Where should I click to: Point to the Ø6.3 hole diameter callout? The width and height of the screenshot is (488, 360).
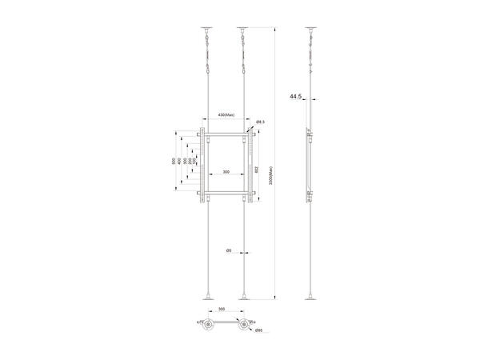[x=260, y=122]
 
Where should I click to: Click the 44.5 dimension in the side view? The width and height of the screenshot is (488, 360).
[x=295, y=97]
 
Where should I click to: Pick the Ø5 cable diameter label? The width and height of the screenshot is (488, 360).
[x=228, y=251]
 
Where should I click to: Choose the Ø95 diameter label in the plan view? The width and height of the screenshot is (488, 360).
[x=258, y=330]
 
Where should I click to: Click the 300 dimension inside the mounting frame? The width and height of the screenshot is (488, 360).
[x=226, y=172]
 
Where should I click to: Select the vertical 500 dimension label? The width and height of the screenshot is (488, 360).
[x=174, y=162]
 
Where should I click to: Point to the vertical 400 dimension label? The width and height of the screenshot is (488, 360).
[x=179, y=162]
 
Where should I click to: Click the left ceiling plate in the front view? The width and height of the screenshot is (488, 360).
[x=207, y=28]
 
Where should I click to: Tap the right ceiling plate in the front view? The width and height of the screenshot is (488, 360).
[x=243, y=28]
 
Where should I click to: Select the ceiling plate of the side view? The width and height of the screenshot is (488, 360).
[x=311, y=28]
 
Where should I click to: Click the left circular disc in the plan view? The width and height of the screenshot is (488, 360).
[x=210, y=325]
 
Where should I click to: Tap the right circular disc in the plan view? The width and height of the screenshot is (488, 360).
[x=244, y=325]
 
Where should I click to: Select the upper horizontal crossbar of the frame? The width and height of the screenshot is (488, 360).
[x=226, y=137]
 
